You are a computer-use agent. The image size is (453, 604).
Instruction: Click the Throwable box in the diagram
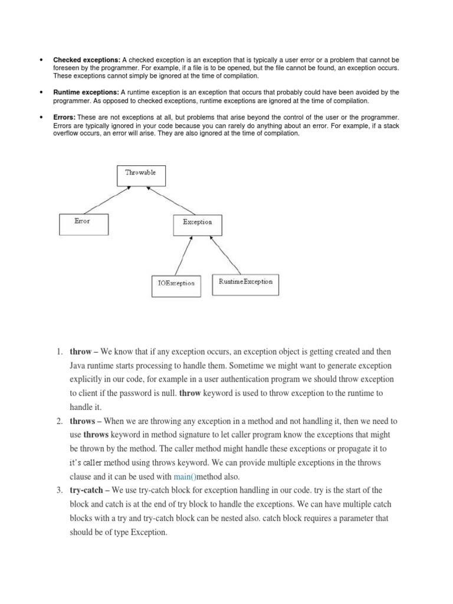(x=141, y=176)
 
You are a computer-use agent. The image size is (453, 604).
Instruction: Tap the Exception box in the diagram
(x=198, y=222)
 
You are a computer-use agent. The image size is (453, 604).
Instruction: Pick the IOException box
(x=176, y=284)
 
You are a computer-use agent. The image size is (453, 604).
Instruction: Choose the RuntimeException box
(x=245, y=284)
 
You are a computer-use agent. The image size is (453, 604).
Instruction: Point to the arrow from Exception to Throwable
(x=171, y=200)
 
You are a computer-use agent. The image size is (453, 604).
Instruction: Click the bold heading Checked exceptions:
(x=87, y=60)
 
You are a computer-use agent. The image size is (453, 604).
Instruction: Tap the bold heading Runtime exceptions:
(x=87, y=93)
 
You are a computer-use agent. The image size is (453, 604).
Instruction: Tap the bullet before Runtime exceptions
(x=41, y=93)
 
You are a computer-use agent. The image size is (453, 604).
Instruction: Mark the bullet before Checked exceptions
(x=41, y=60)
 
